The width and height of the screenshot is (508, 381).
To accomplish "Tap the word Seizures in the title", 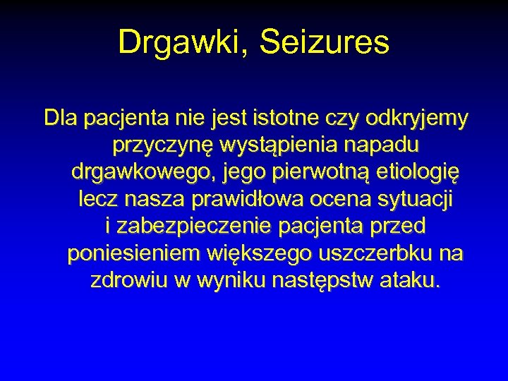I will point(325,42).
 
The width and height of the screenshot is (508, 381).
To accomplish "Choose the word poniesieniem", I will point(133,253).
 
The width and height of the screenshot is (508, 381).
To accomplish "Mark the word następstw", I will point(321,279).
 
